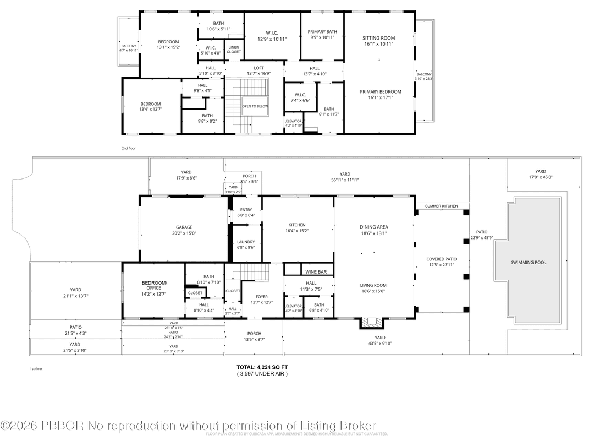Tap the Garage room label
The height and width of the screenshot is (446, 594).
click(184, 227)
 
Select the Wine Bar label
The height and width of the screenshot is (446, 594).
click(316, 272)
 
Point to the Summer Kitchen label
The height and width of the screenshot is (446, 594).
click(441, 206)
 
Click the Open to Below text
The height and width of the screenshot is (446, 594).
click(255, 106)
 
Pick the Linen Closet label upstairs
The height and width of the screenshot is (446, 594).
click(234, 50)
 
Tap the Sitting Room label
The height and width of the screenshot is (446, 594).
click(378, 38)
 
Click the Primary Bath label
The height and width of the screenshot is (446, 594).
click(322, 32)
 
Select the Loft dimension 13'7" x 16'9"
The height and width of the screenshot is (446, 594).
click(255, 73)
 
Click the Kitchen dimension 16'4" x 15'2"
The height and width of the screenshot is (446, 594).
click(297, 231)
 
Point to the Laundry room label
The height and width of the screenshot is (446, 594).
click(245, 242)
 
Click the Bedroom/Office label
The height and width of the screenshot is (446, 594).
click(153, 285)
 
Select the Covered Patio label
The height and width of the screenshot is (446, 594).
click(441, 259)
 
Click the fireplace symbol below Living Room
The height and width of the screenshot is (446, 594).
click(367, 323)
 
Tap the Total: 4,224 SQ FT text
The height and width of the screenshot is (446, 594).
click(262, 367)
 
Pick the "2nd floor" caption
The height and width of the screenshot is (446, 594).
click(128, 148)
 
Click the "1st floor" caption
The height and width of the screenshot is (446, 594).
click(36, 369)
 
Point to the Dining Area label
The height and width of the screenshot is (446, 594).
click(374, 227)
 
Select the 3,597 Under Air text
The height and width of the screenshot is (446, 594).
click(262, 373)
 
